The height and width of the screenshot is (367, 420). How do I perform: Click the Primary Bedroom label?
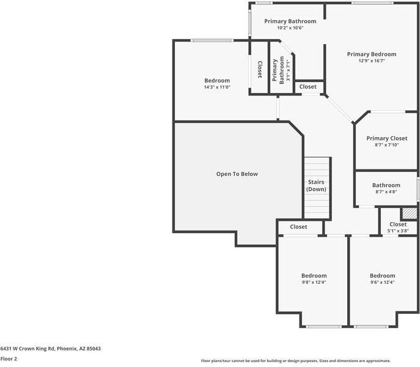(371, 54)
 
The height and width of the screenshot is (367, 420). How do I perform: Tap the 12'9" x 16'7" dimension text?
(371, 61)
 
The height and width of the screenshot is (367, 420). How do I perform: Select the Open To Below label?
(237, 174)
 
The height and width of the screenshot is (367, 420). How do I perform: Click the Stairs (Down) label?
(316, 186)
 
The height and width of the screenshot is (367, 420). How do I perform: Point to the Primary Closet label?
(386, 138)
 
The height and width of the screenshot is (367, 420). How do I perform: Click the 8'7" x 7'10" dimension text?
(386, 145)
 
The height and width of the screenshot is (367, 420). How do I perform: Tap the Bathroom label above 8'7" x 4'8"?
(386, 185)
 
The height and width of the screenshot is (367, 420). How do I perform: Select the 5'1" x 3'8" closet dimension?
(398, 231)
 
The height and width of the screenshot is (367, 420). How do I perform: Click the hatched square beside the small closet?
(409, 213)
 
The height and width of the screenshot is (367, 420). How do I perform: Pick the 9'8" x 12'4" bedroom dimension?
(314, 283)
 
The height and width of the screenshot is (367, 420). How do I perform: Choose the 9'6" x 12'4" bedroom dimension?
(382, 283)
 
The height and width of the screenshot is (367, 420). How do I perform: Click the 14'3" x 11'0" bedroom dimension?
(217, 87)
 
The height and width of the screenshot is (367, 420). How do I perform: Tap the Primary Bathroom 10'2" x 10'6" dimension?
(290, 28)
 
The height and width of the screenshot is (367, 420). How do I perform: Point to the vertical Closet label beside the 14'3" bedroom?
(260, 69)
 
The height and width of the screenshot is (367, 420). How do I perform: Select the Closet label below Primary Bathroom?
(308, 87)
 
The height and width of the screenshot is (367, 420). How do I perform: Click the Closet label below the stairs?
(298, 227)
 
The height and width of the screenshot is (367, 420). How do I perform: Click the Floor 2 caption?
(9, 359)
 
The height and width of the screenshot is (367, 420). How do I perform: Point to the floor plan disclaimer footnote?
(295, 361)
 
